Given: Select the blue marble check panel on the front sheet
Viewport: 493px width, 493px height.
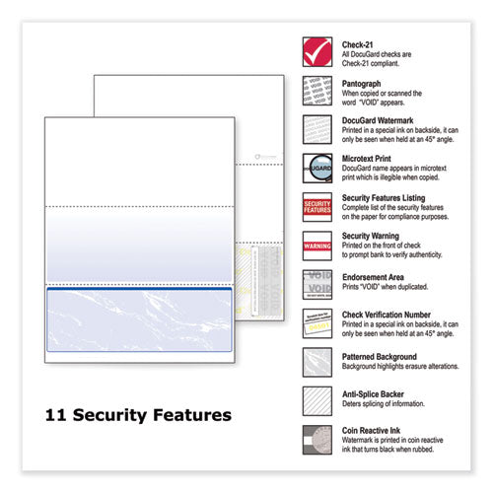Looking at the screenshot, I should (x=139, y=319).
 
